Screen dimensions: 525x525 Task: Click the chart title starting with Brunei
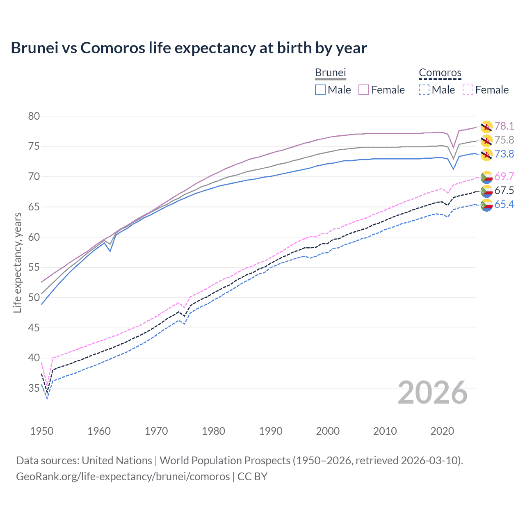click(x=189, y=48)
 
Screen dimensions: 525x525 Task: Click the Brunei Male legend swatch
click(x=320, y=90)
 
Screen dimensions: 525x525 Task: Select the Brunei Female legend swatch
click(x=364, y=90)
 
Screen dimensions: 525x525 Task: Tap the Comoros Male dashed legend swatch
click(x=424, y=90)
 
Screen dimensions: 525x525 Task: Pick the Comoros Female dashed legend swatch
click(x=468, y=90)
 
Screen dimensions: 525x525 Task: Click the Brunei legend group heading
click(x=330, y=73)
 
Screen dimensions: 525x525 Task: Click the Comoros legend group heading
click(x=440, y=73)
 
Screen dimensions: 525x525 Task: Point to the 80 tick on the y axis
click(x=34, y=116)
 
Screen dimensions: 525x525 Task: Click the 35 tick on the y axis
click(x=34, y=388)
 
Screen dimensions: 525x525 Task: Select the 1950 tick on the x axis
click(x=42, y=431)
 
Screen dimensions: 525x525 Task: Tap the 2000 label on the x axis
click(x=328, y=431)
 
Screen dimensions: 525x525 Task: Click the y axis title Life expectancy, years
click(x=17, y=262)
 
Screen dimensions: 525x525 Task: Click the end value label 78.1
click(x=504, y=126)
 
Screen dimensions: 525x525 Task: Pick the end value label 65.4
click(x=504, y=204)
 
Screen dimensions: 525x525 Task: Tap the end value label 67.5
click(x=504, y=190)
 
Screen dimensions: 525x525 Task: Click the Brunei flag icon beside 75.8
click(x=486, y=140)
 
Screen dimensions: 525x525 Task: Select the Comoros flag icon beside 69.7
click(x=486, y=177)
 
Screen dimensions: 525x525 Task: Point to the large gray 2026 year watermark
click(x=433, y=393)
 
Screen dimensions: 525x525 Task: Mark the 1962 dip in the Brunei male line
click(x=110, y=251)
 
